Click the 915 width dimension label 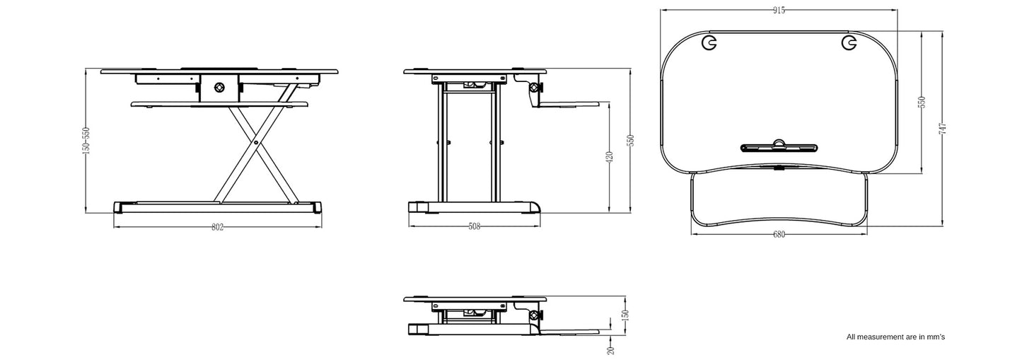(x=779, y=10)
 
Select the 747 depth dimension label (x=942, y=128)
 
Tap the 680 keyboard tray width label (x=779, y=235)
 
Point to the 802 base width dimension (x=218, y=227)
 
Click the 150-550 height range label (x=86, y=140)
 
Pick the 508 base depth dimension (x=475, y=227)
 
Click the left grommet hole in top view (x=709, y=43)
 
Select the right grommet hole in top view (x=848, y=43)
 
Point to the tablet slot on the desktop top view (x=779, y=147)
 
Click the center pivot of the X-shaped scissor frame (x=255, y=142)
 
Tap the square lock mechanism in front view (x=219, y=87)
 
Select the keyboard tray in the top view (x=779, y=202)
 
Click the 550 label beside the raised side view (x=629, y=140)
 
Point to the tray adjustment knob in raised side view (x=535, y=89)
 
